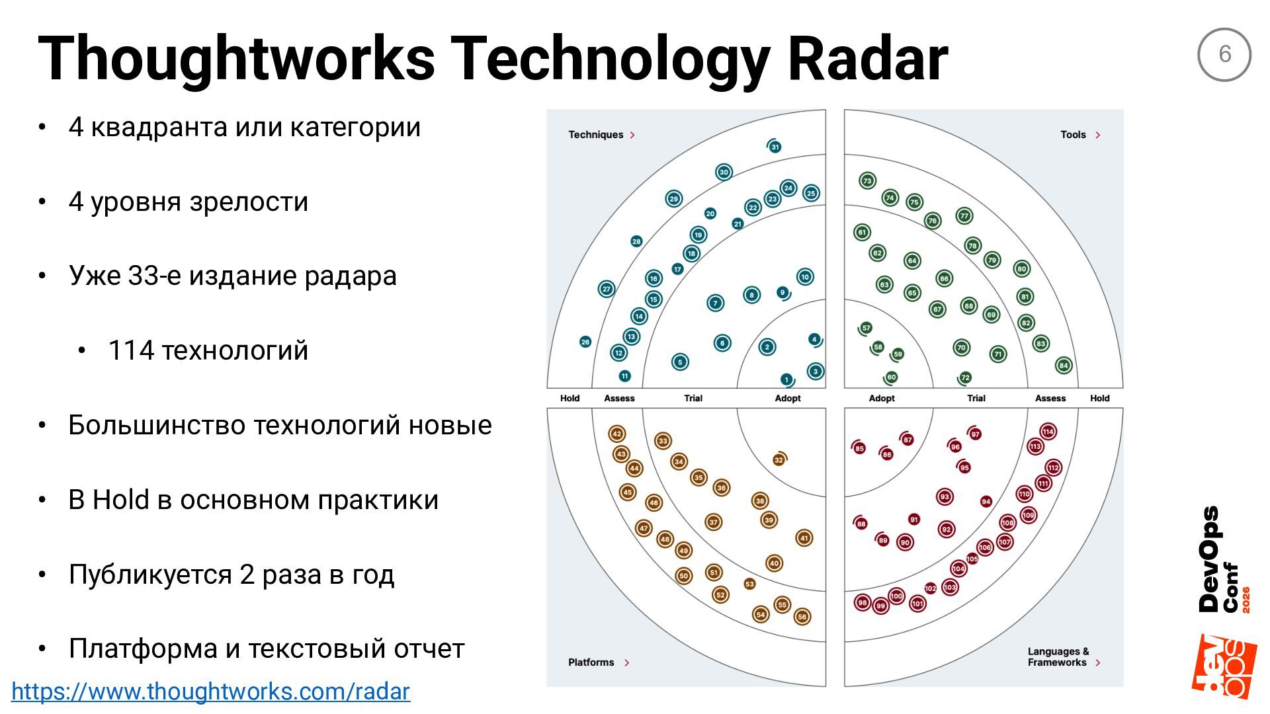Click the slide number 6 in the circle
[x=1224, y=54]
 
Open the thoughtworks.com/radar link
[x=211, y=692]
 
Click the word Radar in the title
[x=868, y=58]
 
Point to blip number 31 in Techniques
[x=775, y=147]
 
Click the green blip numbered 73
[x=867, y=180]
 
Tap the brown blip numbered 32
[x=779, y=460]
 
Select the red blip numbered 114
[x=1048, y=432]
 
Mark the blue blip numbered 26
[x=585, y=342]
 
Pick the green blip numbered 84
[x=1064, y=365]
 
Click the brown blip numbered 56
[x=802, y=617]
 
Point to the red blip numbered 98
[x=862, y=602]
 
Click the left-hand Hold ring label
[x=570, y=398]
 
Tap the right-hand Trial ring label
[x=976, y=398]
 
